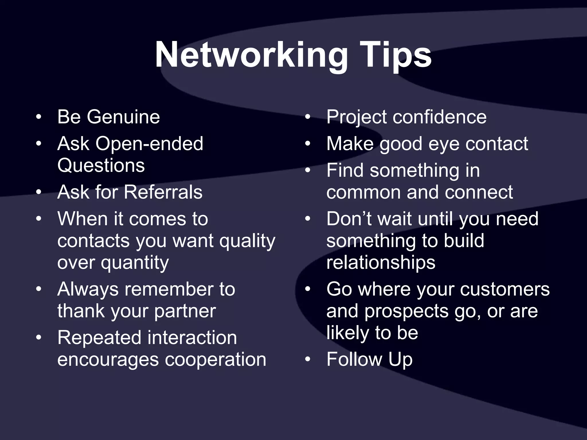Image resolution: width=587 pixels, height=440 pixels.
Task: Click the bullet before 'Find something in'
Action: (x=308, y=170)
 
